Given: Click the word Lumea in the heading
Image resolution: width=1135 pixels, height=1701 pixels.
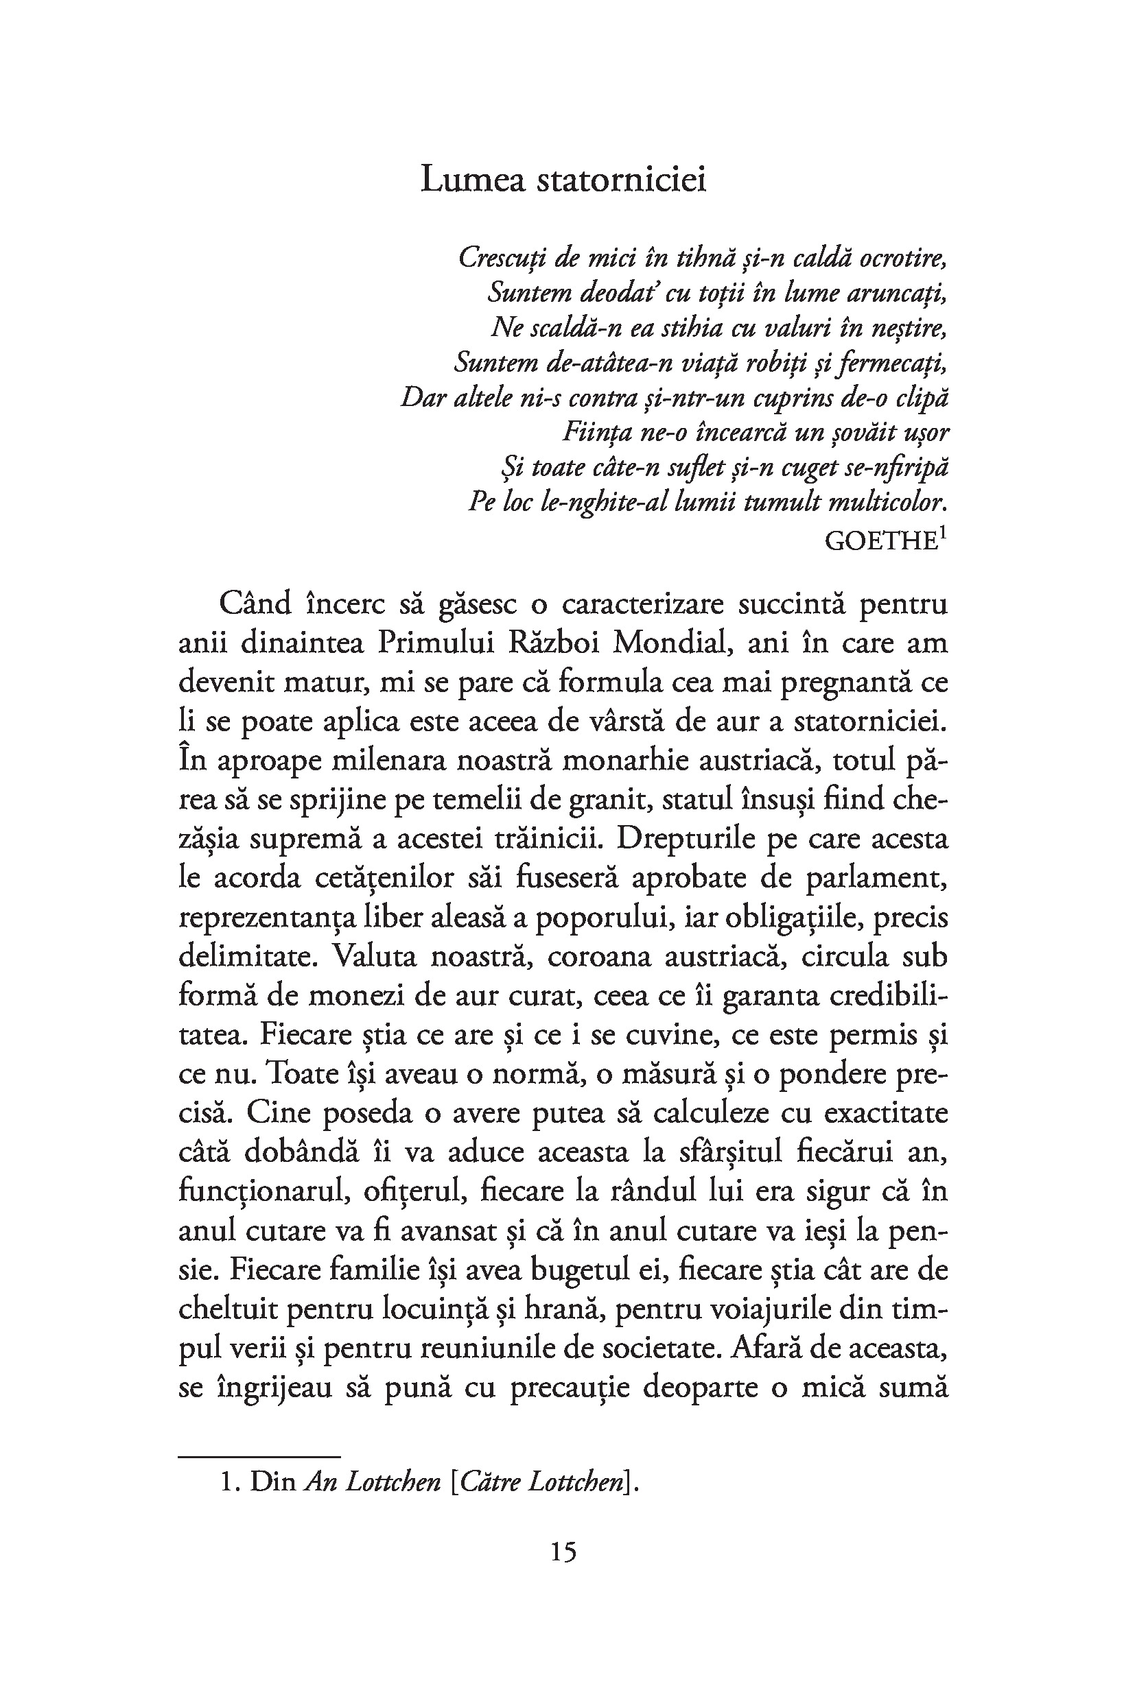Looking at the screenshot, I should (471, 180).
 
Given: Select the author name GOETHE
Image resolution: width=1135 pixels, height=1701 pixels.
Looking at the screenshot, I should (880, 541).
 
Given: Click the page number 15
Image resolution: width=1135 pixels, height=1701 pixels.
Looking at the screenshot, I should (563, 1552).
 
